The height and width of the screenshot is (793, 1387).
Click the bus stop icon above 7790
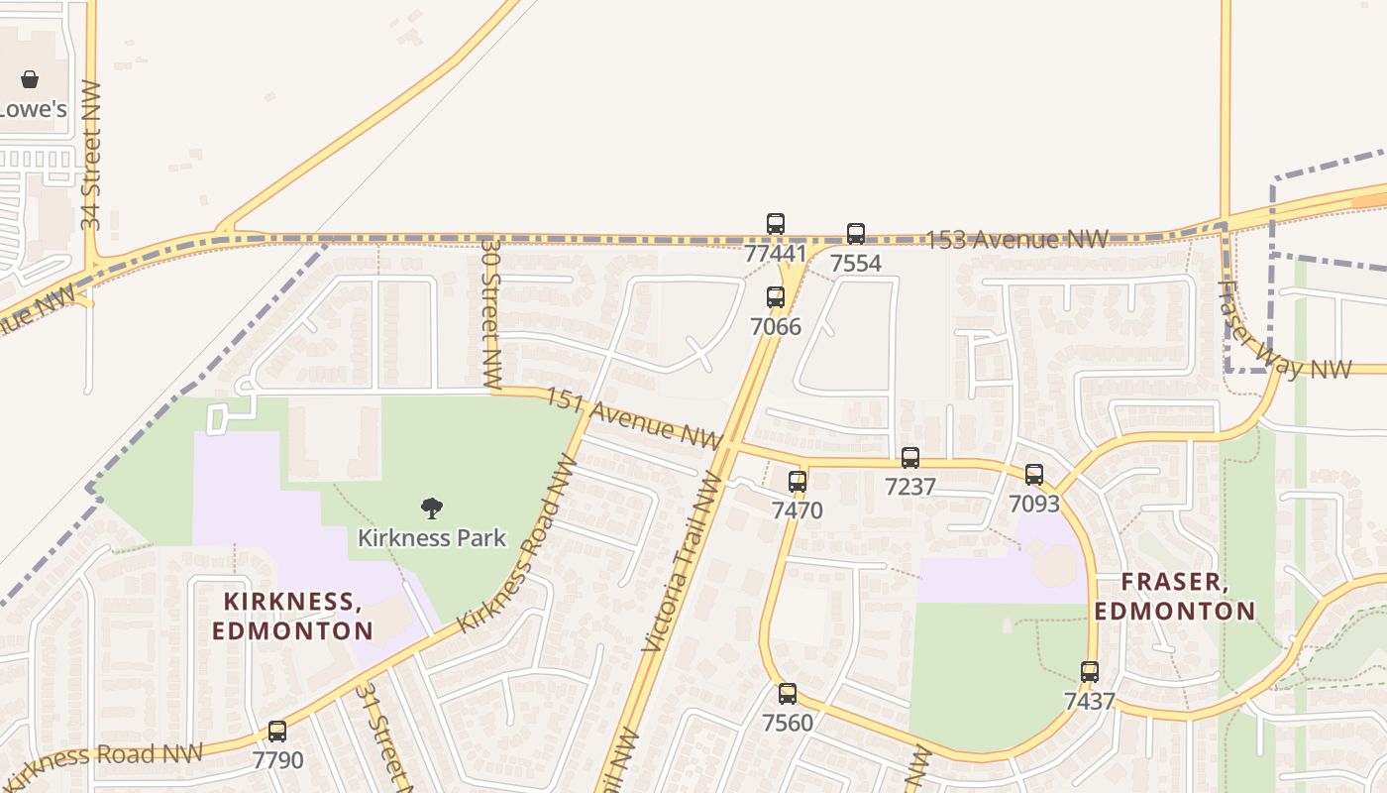[277, 732]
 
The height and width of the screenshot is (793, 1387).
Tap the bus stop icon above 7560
[788, 694]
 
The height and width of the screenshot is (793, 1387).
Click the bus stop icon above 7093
[1034, 475]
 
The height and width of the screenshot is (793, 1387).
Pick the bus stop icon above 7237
[910, 458]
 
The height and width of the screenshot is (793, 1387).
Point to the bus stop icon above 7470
[798, 482]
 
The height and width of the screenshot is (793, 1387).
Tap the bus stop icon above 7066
[776, 297]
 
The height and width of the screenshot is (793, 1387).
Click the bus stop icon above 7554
[856, 234]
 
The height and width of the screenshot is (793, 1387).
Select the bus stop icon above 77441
[776, 224]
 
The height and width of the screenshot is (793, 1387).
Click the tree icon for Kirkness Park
[431, 510]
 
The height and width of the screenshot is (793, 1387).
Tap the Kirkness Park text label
[431, 538]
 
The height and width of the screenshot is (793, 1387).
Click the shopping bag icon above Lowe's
[30, 79]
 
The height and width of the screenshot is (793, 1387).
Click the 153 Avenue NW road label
[1015, 240]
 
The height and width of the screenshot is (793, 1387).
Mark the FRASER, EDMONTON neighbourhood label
[1174, 597]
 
